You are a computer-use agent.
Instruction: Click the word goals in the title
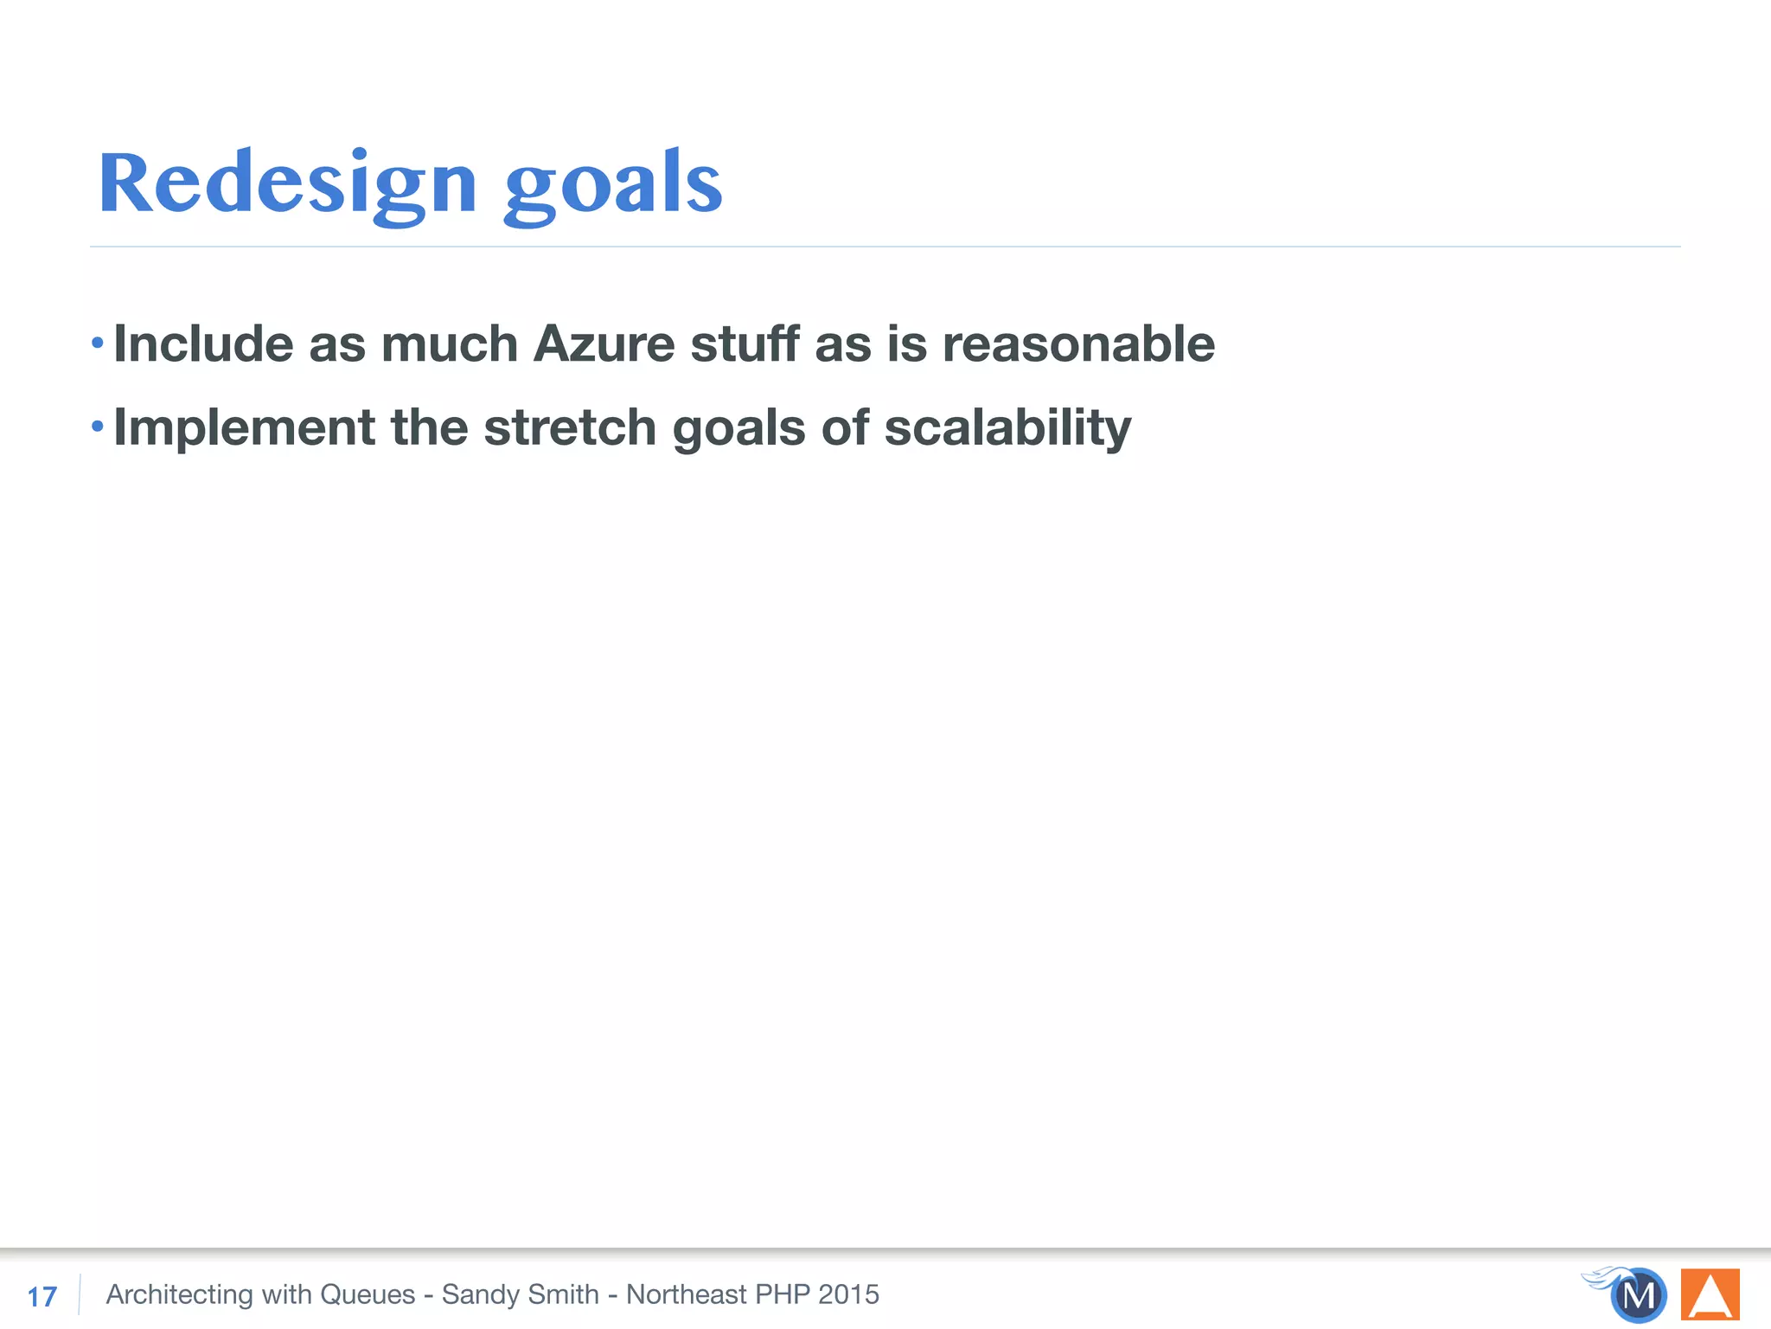[612, 185]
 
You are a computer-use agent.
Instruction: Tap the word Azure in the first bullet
[604, 343]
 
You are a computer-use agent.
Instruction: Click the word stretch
[570, 427]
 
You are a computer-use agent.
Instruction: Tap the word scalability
[1007, 427]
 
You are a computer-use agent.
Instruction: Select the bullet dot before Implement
[98, 427]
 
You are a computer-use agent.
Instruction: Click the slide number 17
[42, 1296]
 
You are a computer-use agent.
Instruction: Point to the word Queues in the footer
[368, 1294]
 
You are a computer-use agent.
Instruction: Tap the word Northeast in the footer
[686, 1294]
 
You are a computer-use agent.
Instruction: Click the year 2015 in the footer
[848, 1294]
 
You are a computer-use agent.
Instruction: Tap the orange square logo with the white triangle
[1710, 1294]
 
